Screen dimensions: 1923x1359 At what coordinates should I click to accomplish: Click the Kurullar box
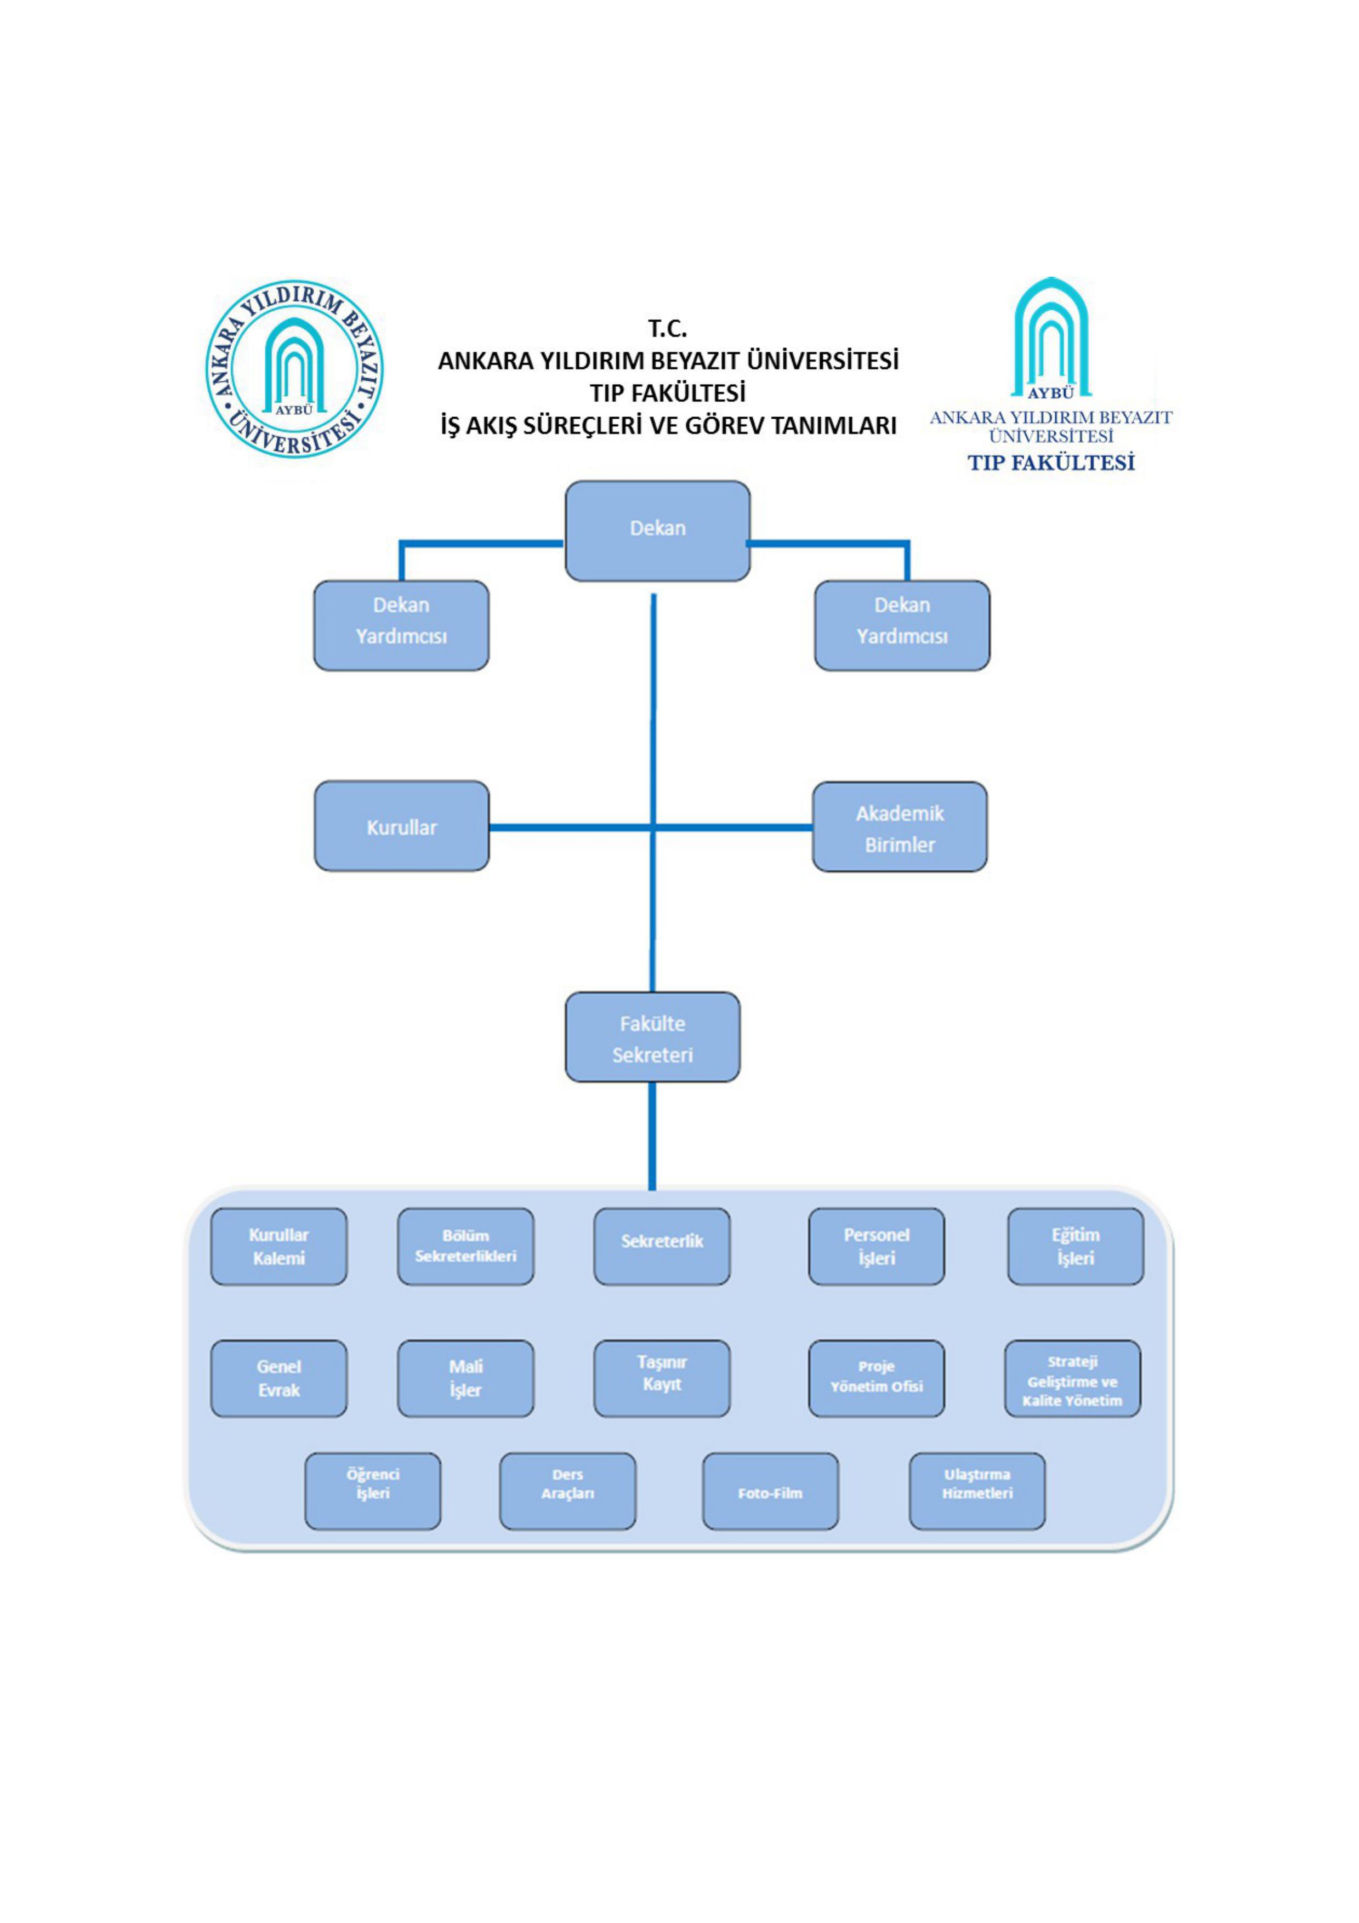pos(401,826)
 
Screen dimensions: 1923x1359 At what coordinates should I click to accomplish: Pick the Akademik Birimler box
pos(899,828)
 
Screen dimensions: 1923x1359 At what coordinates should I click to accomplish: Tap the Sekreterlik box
pos(661,1246)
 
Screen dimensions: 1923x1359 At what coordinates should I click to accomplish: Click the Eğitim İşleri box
pos(1075,1246)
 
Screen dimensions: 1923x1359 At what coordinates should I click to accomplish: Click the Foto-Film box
pos(770,1492)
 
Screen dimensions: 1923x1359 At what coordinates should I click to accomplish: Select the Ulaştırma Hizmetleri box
pos(977,1492)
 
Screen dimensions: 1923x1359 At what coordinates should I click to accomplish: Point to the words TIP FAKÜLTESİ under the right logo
pos(1051,463)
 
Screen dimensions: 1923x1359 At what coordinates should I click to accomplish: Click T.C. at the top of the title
pos(667,328)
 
